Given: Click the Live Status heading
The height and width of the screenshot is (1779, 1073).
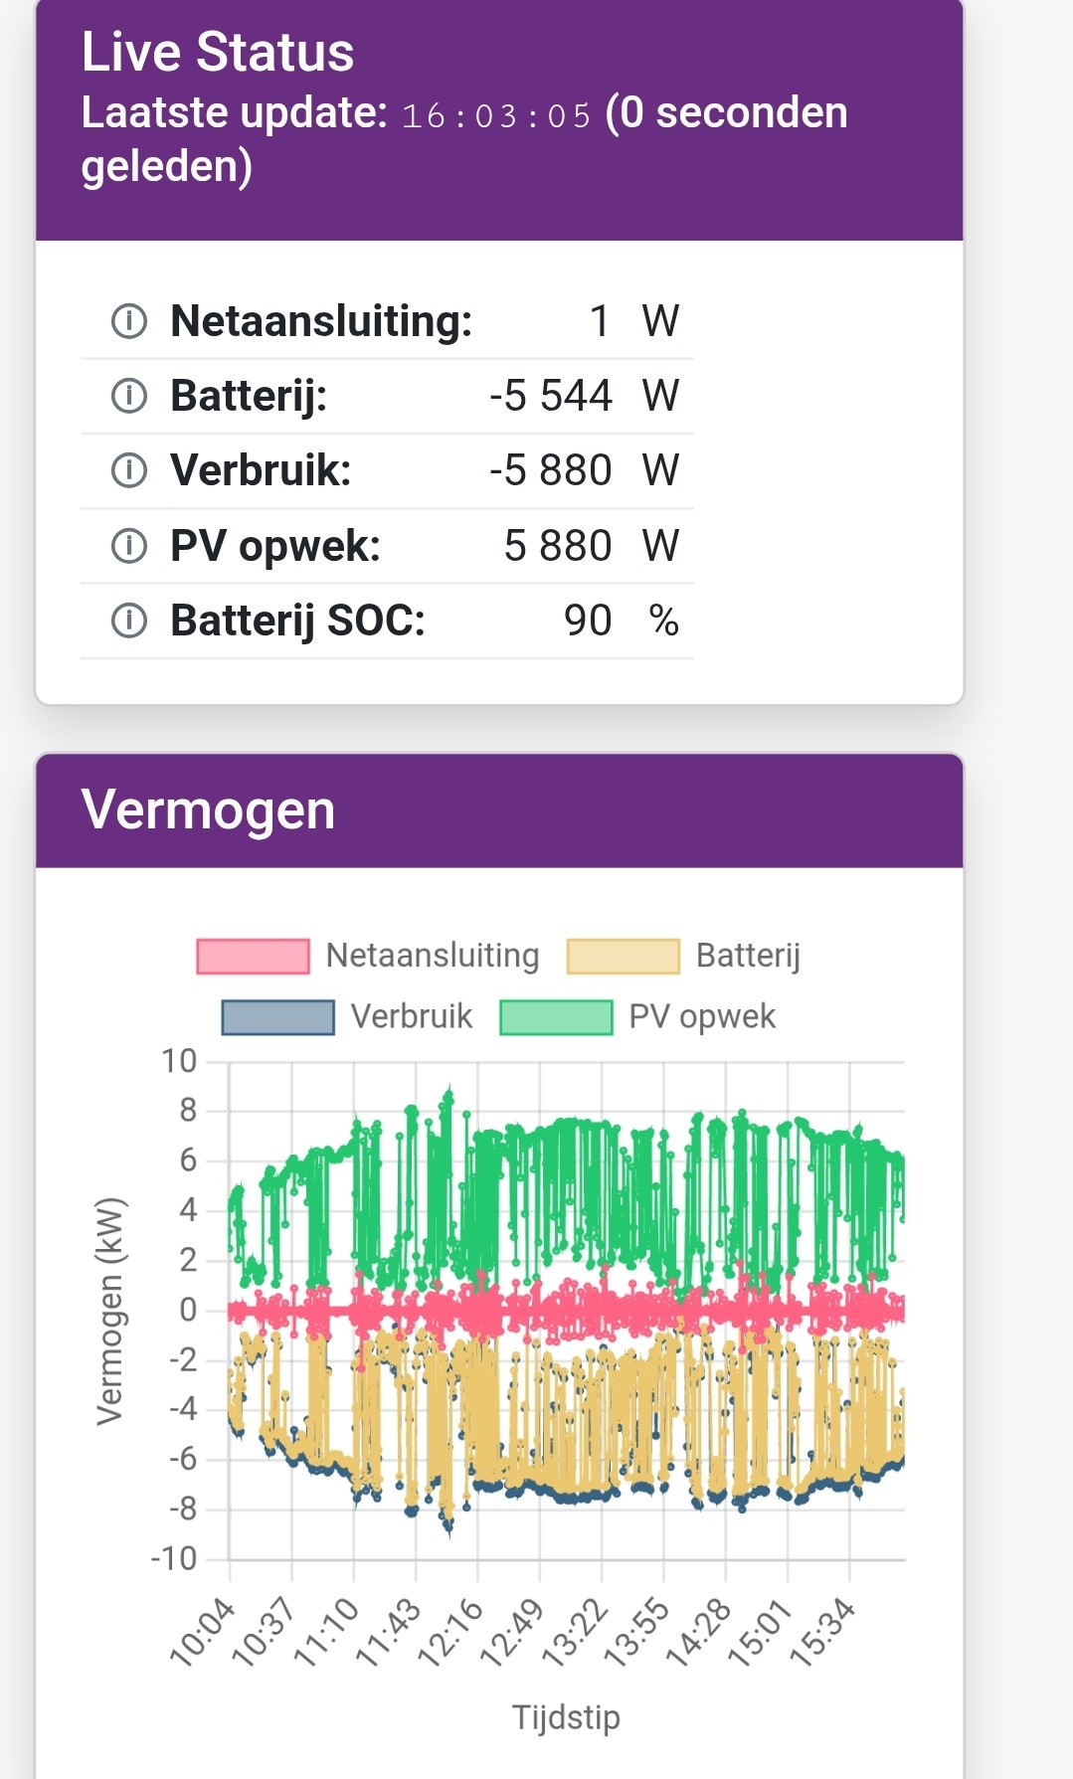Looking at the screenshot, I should [x=217, y=52].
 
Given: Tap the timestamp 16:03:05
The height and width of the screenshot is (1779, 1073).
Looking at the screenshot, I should [x=496, y=115].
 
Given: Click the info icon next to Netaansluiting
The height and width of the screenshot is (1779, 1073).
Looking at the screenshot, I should [x=128, y=321].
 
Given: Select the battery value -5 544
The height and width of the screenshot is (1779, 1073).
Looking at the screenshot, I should [x=550, y=396].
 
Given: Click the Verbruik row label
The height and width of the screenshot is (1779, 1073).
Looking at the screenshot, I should [x=261, y=470].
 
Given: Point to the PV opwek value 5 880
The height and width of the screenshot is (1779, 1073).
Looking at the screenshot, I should [x=557, y=546].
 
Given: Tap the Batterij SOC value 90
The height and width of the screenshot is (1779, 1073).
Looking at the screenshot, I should [x=587, y=621].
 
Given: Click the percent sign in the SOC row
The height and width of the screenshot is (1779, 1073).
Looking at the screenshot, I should [x=663, y=621].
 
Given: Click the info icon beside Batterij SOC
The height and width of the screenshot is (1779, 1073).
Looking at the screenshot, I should [x=128, y=621].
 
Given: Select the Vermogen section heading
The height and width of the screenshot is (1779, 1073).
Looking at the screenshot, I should [x=208, y=809].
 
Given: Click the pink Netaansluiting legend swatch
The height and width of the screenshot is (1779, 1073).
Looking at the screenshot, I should [x=253, y=956].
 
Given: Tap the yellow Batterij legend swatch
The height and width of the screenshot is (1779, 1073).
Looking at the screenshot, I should [x=623, y=956].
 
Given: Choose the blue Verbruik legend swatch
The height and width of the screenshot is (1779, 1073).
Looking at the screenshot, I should [x=277, y=1017].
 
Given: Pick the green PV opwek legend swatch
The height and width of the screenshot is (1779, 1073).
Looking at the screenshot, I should [x=556, y=1017].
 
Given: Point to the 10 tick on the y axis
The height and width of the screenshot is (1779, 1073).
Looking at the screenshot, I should [x=180, y=1061].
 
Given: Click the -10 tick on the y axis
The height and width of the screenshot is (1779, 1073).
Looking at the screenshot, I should [x=174, y=1558].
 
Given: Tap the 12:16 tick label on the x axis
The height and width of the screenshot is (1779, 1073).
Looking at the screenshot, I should [x=451, y=1632].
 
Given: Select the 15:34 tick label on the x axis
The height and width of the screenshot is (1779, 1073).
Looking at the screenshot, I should [x=823, y=1632].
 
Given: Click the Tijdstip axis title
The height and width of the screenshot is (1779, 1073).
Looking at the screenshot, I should [x=566, y=1717].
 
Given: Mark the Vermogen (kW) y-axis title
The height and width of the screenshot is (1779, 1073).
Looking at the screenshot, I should [x=110, y=1311].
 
